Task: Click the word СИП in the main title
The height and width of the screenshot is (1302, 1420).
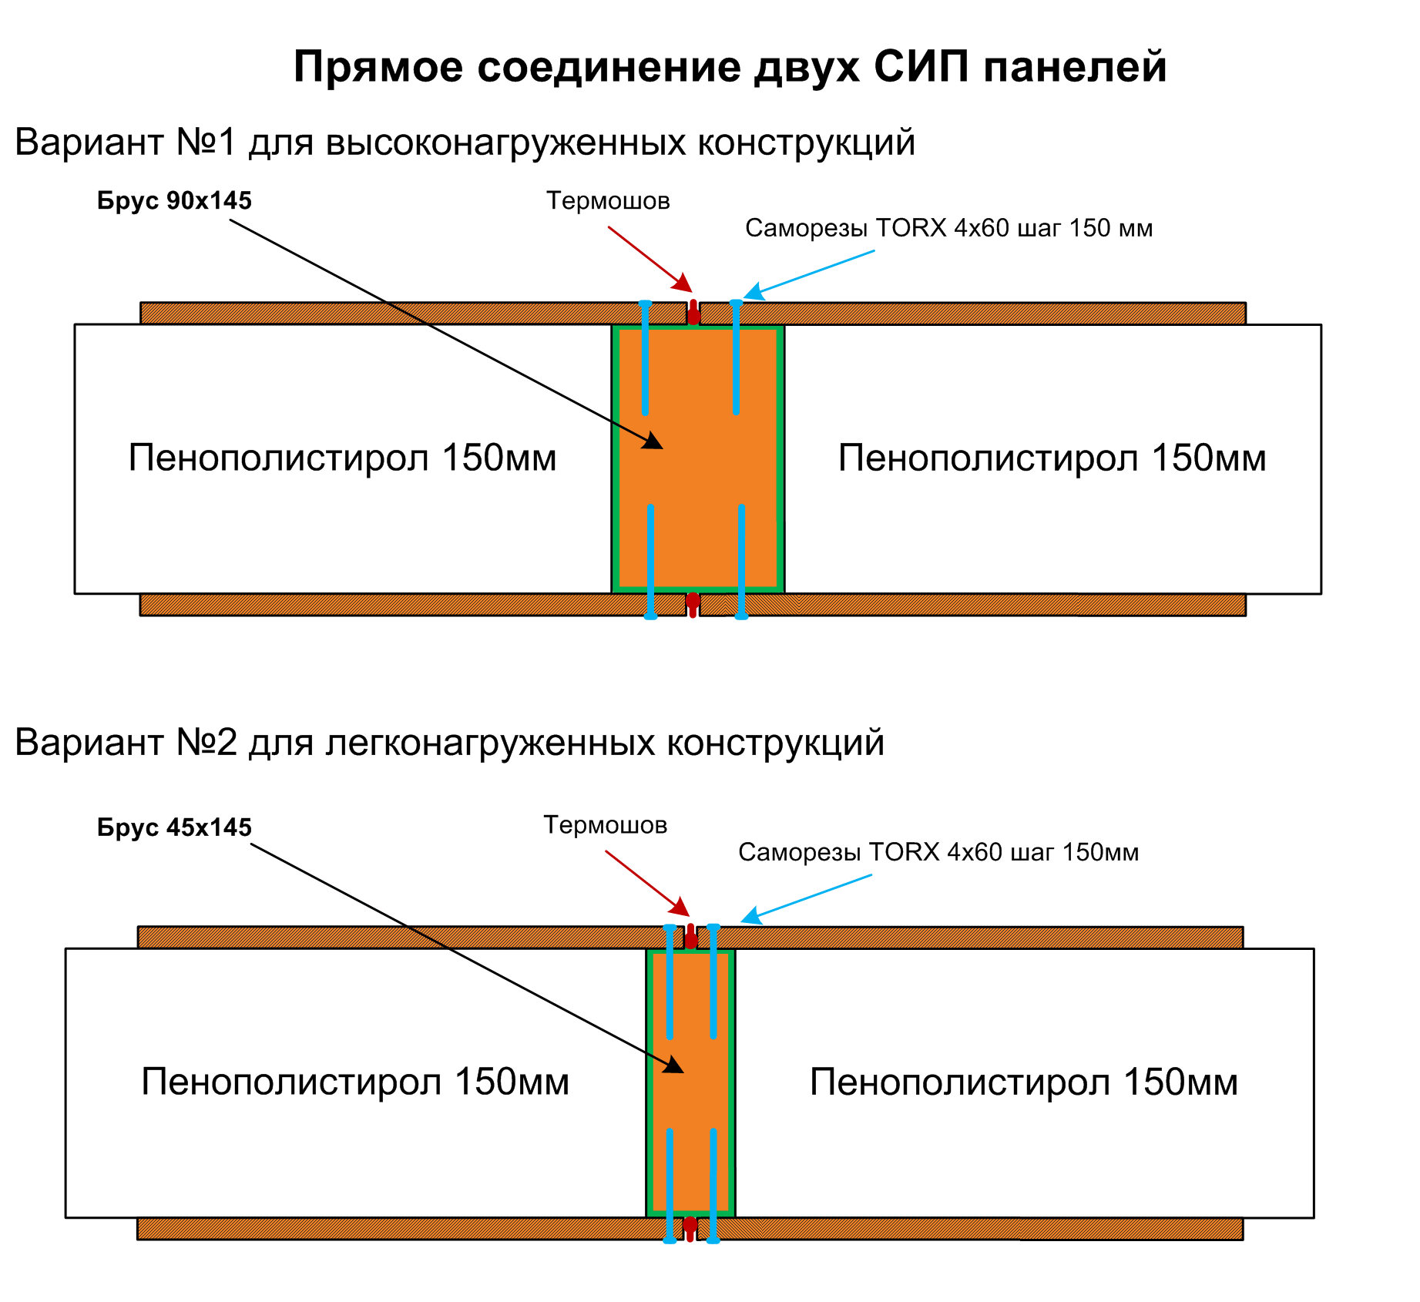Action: [921, 67]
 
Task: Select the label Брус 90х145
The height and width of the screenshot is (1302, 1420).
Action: [174, 201]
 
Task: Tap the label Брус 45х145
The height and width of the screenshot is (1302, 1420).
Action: [174, 827]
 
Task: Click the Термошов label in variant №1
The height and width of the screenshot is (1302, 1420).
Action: [608, 201]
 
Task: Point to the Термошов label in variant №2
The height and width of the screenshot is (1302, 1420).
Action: [605, 825]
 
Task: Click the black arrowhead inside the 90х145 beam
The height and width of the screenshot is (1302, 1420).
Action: [654, 441]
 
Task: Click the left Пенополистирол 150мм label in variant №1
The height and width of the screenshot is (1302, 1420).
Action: [342, 458]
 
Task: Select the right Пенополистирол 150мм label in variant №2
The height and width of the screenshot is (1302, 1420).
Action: [1023, 1082]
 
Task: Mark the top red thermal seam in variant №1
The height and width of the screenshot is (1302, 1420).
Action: [693, 313]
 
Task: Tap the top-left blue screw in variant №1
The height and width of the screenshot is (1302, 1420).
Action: [645, 358]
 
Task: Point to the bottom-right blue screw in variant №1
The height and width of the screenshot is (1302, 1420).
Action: [741, 562]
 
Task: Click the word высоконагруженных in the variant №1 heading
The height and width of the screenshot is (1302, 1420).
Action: [506, 143]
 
